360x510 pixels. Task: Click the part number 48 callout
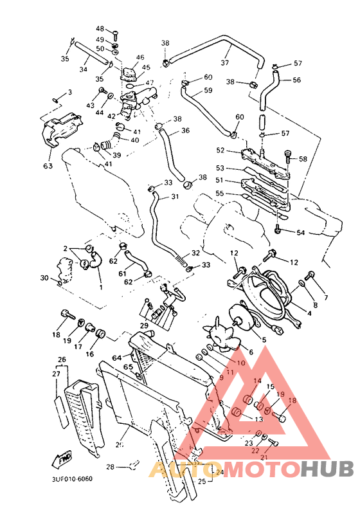click(100, 29)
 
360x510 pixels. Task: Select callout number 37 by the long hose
click(225, 63)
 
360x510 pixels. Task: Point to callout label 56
click(296, 80)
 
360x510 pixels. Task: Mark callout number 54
click(301, 232)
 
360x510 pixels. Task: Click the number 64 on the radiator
click(118, 358)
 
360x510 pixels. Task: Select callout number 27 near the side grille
click(57, 374)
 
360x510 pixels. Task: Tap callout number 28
click(110, 467)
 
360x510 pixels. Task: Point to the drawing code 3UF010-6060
click(68, 480)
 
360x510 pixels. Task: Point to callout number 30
click(44, 278)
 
